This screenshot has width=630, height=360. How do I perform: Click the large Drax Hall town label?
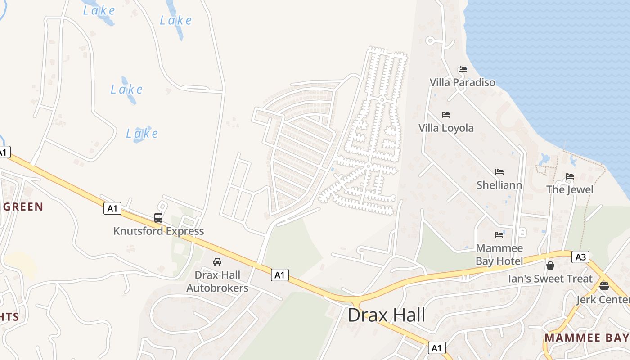click(387, 315)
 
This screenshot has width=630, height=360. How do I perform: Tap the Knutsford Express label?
click(158, 231)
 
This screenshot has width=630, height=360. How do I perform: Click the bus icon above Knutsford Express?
click(158, 218)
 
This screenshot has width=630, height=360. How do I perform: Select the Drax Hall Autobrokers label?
click(217, 281)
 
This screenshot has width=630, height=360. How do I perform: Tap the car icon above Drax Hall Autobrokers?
click(217, 261)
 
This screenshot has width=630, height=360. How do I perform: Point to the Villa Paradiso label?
click(462, 82)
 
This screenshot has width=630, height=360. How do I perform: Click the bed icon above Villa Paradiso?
click(462, 69)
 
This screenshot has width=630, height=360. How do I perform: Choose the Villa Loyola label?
click(446, 128)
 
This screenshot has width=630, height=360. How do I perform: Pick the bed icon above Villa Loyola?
click(446, 115)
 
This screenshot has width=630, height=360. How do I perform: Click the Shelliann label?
click(499, 185)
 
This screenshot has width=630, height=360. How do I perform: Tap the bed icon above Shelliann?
click(499, 172)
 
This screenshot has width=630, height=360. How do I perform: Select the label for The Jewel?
click(570, 189)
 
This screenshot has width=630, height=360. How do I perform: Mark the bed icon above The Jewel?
click(570, 176)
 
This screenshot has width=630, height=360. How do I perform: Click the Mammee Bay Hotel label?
click(499, 255)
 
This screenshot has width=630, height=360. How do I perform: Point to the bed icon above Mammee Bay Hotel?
click(499, 235)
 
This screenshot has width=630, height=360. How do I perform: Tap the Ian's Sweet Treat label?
click(550, 279)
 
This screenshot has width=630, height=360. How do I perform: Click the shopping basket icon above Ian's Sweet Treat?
click(550, 265)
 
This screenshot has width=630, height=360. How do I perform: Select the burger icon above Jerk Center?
click(604, 286)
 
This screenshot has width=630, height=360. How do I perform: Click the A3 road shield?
click(580, 257)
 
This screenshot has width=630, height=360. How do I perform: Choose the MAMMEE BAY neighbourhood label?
click(587, 337)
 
